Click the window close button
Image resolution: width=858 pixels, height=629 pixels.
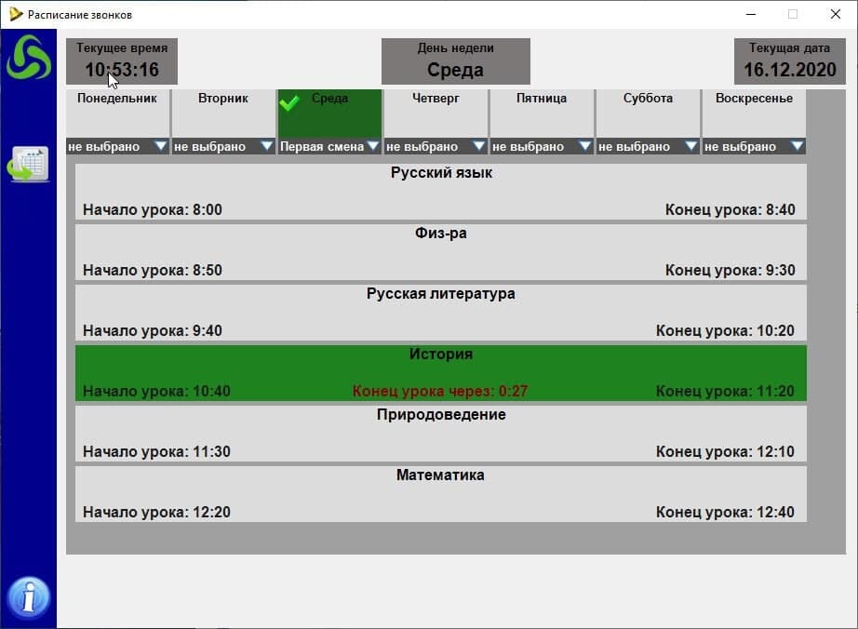point(835,14)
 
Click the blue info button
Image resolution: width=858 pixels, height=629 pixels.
point(29,596)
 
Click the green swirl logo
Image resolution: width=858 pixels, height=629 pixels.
point(29,58)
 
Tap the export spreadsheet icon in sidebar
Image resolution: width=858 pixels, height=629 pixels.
point(29,164)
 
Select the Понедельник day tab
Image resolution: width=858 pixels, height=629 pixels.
point(117,99)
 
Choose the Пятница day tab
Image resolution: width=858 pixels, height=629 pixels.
point(542,99)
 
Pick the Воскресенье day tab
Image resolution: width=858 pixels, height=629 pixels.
point(754,99)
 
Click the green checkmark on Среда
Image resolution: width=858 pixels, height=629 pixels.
point(289,101)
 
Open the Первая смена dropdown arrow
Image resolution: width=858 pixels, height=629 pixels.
point(373,146)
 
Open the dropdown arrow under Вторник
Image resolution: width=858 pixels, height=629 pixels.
point(267,146)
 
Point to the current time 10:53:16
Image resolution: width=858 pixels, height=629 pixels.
point(122,70)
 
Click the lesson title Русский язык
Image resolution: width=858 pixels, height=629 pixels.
point(441,173)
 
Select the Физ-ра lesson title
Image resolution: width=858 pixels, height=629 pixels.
point(441,234)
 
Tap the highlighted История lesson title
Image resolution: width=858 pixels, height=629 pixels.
point(441,355)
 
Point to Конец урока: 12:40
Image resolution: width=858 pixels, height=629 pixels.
point(725,513)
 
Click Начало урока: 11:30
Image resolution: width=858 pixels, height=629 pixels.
point(156,452)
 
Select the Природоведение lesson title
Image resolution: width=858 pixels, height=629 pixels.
point(441,415)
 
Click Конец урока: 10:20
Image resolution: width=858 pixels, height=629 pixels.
point(725,331)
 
